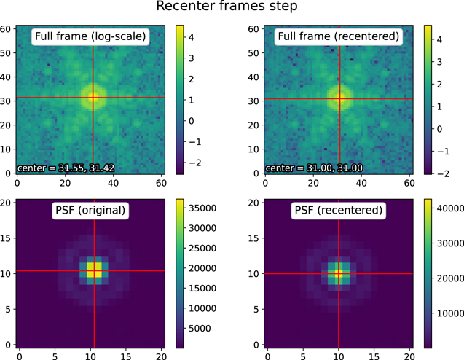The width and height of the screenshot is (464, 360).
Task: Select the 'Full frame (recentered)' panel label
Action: pyautogui.click(x=340, y=36)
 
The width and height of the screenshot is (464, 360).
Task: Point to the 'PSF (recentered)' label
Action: pyautogui.click(x=340, y=211)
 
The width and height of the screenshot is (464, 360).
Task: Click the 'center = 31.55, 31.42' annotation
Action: pyautogui.click(x=61, y=168)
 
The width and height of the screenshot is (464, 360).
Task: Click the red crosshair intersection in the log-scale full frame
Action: pyautogui.click(x=94, y=98)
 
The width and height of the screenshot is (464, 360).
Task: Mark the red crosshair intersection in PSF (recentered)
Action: pyautogui.click(x=339, y=273)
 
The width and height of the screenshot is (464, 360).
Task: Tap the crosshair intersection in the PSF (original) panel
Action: pyautogui.click(x=95, y=271)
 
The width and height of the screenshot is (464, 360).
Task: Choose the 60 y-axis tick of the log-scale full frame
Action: pyautogui.click(x=7, y=28)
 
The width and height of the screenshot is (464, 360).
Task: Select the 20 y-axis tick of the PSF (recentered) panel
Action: pyautogui.click(x=255, y=202)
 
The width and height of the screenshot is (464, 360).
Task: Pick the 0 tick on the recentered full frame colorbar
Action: pyautogui.click(x=440, y=129)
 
